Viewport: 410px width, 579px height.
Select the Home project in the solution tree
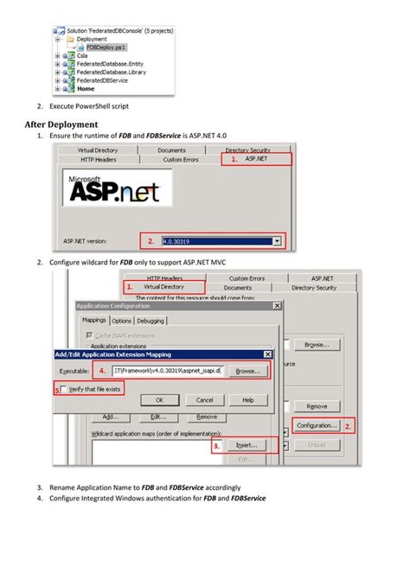pyautogui.click(x=86, y=88)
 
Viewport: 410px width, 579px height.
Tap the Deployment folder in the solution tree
pyautogui.click(x=91, y=39)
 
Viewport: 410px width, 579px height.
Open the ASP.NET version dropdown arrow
pyautogui.click(x=277, y=242)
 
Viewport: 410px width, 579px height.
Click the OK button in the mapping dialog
pyautogui.click(x=160, y=400)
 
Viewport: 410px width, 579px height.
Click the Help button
pyautogui.click(x=248, y=400)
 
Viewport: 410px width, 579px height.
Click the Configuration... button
pyautogui.click(x=317, y=426)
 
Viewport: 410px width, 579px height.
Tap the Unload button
pyautogui.click(x=317, y=445)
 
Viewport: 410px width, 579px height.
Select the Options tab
pyautogui.click(x=122, y=321)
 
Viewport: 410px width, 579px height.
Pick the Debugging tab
pyautogui.click(x=151, y=321)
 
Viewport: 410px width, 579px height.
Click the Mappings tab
pyautogui.click(x=93, y=321)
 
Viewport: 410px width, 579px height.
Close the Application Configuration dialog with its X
pyautogui.click(x=277, y=305)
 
